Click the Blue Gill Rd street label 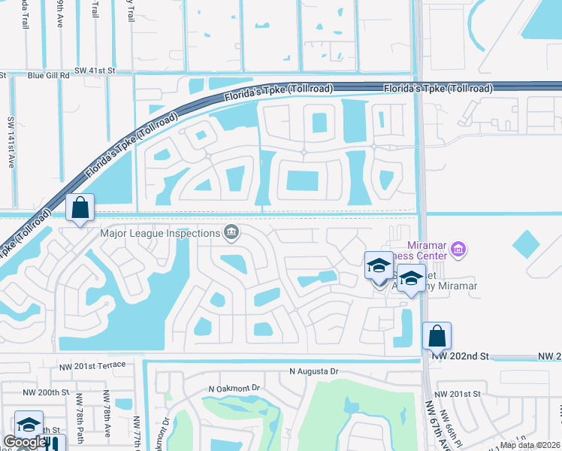(47, 75)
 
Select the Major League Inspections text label (161, 233)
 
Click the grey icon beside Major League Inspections (231, 232)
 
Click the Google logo (24, 442)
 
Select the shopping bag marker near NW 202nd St (437, 336)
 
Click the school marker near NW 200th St (29, 424)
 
